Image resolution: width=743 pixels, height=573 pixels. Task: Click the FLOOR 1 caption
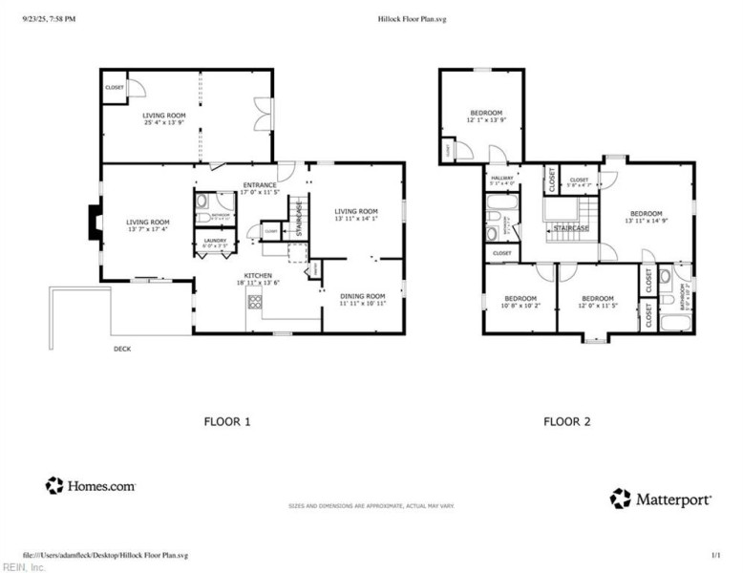pyautogui.click(x=227, y=420)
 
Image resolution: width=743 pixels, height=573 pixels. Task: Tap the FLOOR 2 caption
pyautogui.click(x=567, y=420)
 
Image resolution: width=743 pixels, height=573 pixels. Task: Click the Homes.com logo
pyautogui.click(x=91, y=486)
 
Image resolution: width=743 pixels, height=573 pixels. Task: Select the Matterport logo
pyautogui.click(x=658, y=499)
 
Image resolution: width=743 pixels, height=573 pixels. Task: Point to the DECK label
pyautogui.click(x=122, y=349)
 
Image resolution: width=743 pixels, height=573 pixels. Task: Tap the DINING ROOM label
pyautogui.click(x=362, y=299)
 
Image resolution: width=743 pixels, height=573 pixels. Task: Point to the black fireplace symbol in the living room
pyautogui.click(x=94, y=223)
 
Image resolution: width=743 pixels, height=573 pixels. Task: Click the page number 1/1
pyautogui.click(x=715, y=554)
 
